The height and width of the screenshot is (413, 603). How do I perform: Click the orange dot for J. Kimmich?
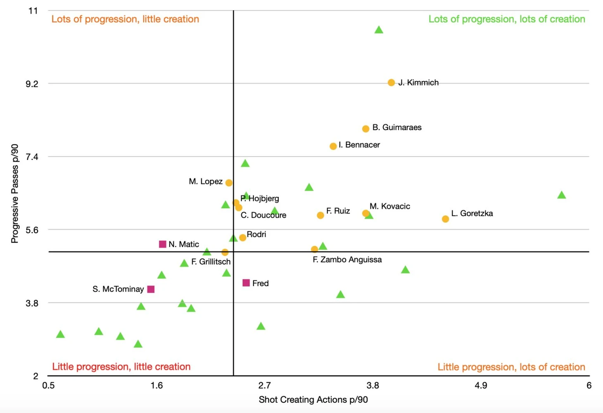click(391, 83)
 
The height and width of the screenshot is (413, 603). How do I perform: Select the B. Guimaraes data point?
click(366, 129)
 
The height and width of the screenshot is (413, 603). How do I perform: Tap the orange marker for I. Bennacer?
click(333, 146)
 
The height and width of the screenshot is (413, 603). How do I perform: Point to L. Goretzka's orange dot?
click(445, 219)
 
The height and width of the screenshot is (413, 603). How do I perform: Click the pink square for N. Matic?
click(163, 244)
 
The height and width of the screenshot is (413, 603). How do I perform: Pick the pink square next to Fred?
click(246, 283)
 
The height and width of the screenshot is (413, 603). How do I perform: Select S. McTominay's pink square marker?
click(151, 289)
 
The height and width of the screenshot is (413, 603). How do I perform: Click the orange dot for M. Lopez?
click(229, 183)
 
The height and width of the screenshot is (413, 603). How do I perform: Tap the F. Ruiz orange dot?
click(320, 215)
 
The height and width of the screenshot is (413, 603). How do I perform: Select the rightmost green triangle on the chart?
click(561, 195)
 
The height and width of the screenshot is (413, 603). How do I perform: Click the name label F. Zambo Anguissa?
click(347, 260)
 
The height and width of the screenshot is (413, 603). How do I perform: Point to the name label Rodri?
click(256, 234)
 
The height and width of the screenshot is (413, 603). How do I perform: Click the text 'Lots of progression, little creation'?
click(125, 19)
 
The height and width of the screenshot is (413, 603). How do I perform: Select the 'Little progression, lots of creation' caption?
click(511, 367)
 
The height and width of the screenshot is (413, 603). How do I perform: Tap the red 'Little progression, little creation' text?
click(121, 367)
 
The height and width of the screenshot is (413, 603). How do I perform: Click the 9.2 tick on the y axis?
click(32, 84)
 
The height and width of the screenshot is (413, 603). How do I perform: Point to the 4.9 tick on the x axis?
click(481, 385)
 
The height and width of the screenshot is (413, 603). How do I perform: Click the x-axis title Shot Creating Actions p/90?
click(313, 400)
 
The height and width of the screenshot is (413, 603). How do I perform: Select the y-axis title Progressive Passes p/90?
click(15, 193)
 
